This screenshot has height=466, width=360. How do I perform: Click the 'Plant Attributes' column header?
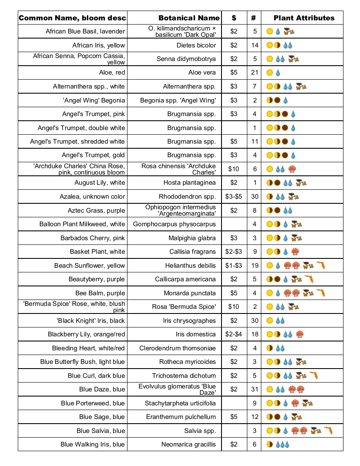pos(304,18)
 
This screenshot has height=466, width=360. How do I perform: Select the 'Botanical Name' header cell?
pos(189,18)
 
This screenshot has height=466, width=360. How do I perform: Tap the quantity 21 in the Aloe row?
pos(255,72)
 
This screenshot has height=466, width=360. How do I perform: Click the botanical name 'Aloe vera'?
pos(202,72)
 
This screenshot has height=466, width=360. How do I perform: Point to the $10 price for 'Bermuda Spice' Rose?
pos(234,307)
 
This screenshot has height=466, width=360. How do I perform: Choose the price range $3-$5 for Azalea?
pos(234,197)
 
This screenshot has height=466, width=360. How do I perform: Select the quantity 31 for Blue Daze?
pos(255,389)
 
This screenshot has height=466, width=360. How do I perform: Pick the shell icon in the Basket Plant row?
pos(295,252)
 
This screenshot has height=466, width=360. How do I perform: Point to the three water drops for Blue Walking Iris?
pos(282,444)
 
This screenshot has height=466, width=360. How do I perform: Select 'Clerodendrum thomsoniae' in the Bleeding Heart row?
pos(177,348)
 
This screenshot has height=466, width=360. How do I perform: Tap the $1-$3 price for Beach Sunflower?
pos(234,266)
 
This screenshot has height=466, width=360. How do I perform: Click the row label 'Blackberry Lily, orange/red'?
pos(86,334)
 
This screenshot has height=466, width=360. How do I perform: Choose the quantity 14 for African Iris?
pos(255,45)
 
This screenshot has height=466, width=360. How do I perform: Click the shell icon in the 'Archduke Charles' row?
pos(292,169)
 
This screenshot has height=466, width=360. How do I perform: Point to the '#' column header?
pos(253,18)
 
